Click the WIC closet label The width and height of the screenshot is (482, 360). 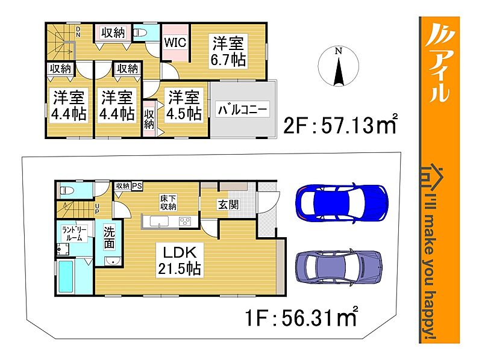pyautogui.click(x=175, y=42)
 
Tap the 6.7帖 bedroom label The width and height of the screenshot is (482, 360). pyautogui.click(x=228, y=51)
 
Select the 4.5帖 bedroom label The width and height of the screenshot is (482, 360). pyautogui.click(x=184, y=105)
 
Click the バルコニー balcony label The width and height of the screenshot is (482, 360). pyautogui.click(x=242, y=110)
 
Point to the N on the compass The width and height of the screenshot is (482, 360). pyautogui.click(x=338, y=51)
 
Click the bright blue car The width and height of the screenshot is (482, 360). pyautogui.click(x=342, y=203)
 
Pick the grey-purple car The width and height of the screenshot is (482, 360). pyautogui.click(x=339, y=267)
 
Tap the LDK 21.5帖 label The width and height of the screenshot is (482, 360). pyautogui.click(x=180, y=261)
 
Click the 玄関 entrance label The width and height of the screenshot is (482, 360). pyautogui.click(x=228, y=205)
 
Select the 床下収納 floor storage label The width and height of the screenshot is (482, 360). pyautogui.click(x=168, y=203)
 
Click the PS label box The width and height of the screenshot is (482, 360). pyautogui.click(x=137, y=186)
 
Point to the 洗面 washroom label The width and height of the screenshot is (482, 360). pyautogui.click(x=109, y=238)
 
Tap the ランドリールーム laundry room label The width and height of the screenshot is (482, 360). pyautogui.click(x=74, y=234)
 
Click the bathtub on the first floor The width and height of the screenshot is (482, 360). pyautogui.click(x=66, y=276)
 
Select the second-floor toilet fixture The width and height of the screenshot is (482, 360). pyautogui.click(x=142, y=33)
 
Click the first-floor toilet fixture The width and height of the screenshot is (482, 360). pyautogui.click(x=67, y=191)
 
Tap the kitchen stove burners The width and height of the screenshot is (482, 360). pyautogui.click(x=185, y=221)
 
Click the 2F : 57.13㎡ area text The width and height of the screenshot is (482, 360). pyautogui.click(x=340, y=125)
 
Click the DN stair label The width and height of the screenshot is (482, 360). pyautogui.click(x=78, y=32)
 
